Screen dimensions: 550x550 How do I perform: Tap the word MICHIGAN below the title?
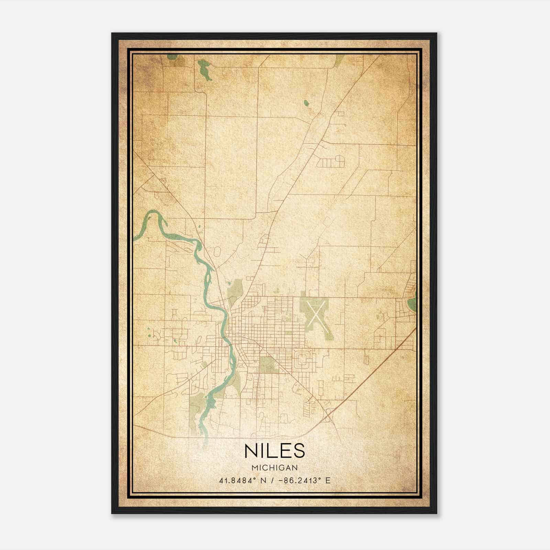click(x=274, y=467)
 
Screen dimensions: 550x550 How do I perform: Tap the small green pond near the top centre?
click(x=306, y=103)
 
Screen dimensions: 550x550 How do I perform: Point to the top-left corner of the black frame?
click(x=112, y=33)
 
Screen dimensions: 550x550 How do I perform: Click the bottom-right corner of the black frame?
click(x=437, y=513)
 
